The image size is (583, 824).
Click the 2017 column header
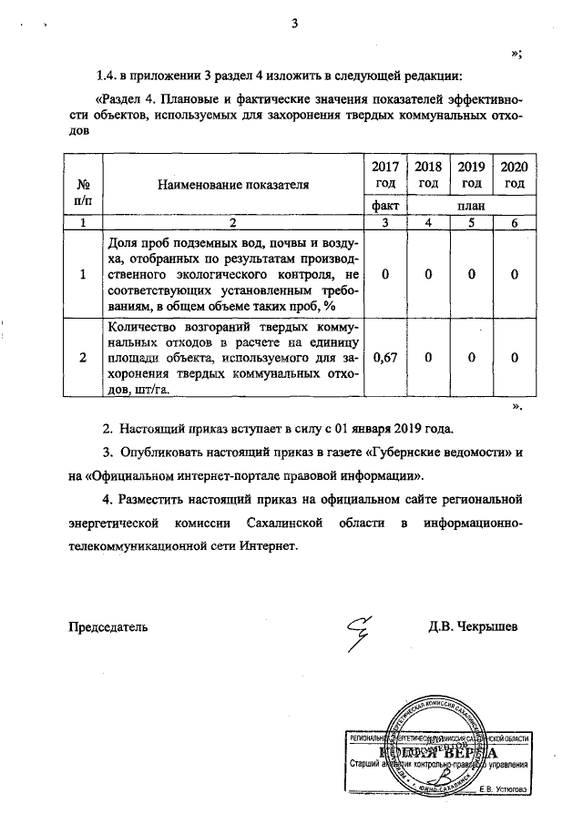(x=385, y=174)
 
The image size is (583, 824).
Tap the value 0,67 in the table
(x=385, y=358)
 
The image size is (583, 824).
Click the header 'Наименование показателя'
(x=233, y=184)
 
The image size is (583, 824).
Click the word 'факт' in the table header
(x=385, y=206)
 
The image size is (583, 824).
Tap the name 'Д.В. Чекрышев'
(x=474, y=627)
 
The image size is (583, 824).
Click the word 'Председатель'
(x=107, y=627)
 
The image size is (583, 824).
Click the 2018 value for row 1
(x=428, y=274)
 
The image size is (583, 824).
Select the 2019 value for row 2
(x=471, y=358)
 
